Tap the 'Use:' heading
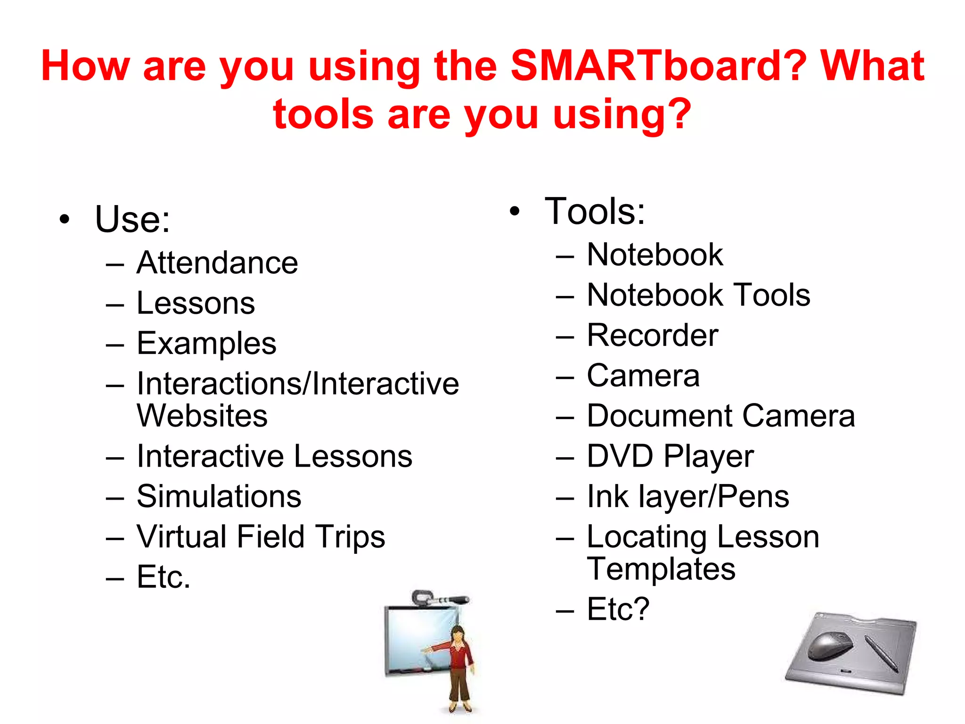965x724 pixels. [x=132, y=220]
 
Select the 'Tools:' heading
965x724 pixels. [x=595, y=212]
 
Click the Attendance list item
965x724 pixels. [x=217, y=263]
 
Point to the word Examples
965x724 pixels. [x=206, y=344]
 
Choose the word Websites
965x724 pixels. [x=202, y=416]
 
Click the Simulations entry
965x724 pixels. [x=219, y=497]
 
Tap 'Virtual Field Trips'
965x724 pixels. [x=261, y=537]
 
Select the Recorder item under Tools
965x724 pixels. [x=653, y=336]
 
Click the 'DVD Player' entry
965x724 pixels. [x=670, y=457]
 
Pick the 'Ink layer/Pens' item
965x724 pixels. [x=688, y=497]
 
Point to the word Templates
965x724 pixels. [x=661, y=569]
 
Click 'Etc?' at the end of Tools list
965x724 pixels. [x=618, y=609]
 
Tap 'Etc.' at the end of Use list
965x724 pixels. [x=164, y=577]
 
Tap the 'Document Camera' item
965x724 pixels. [x=720, y=416]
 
